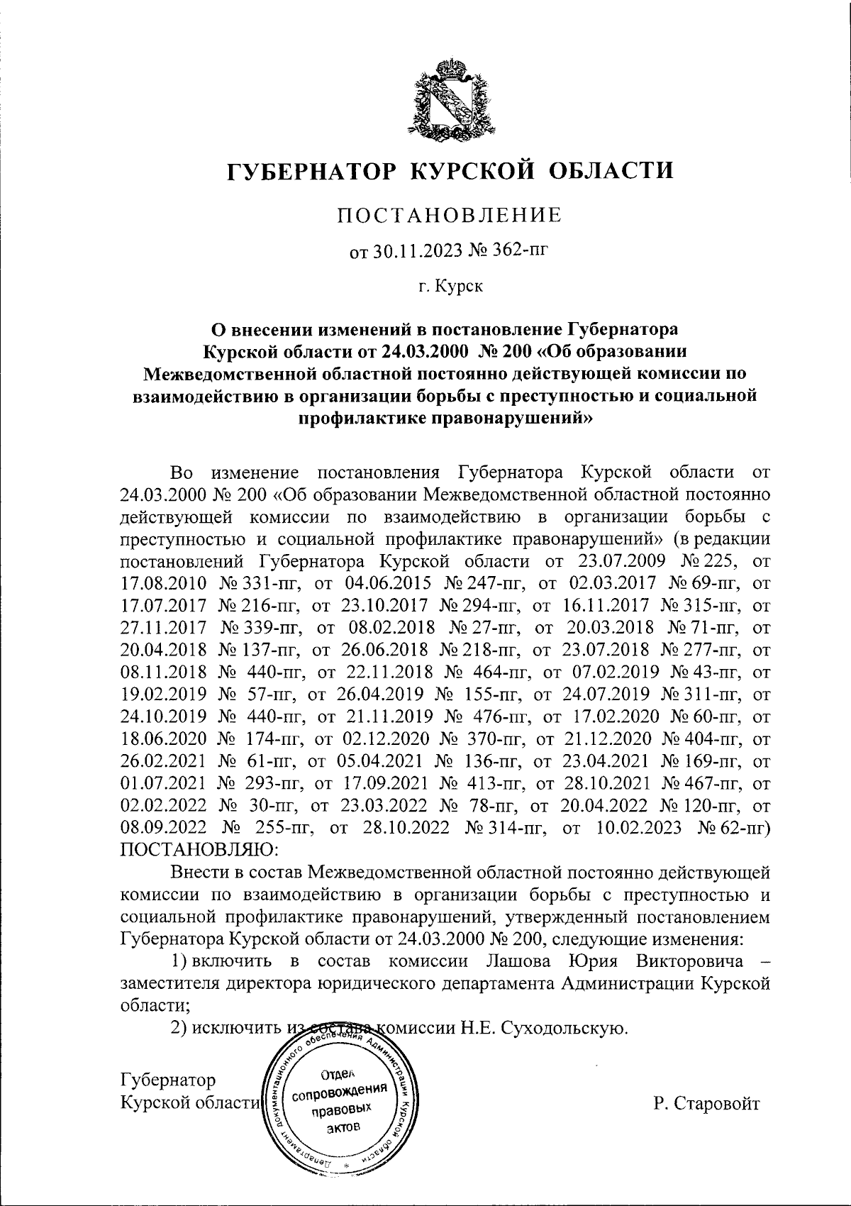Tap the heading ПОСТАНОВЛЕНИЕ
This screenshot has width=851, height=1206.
[x=449, y=215]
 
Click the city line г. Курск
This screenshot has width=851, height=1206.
[x=450, y=287]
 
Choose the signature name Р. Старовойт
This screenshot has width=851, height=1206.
[x=706, y=1104]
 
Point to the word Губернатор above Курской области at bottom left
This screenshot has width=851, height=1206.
[x=168, y=1080]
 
